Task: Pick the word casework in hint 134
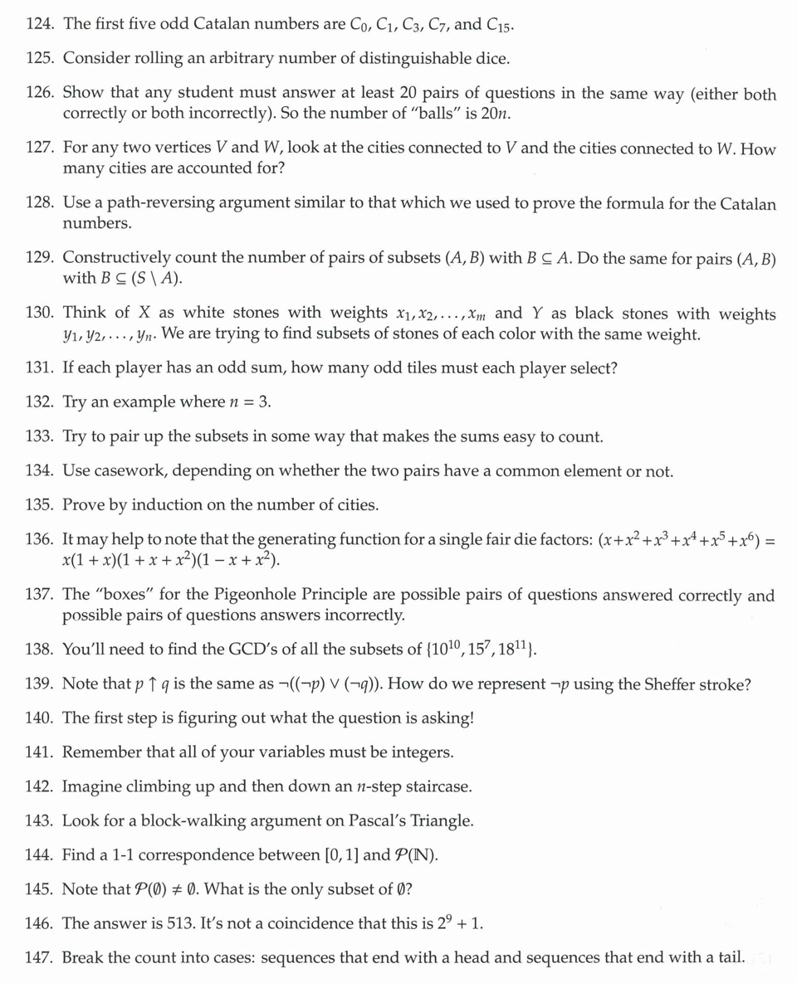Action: tap(131, 471)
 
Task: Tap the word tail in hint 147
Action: tap(727, 957)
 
